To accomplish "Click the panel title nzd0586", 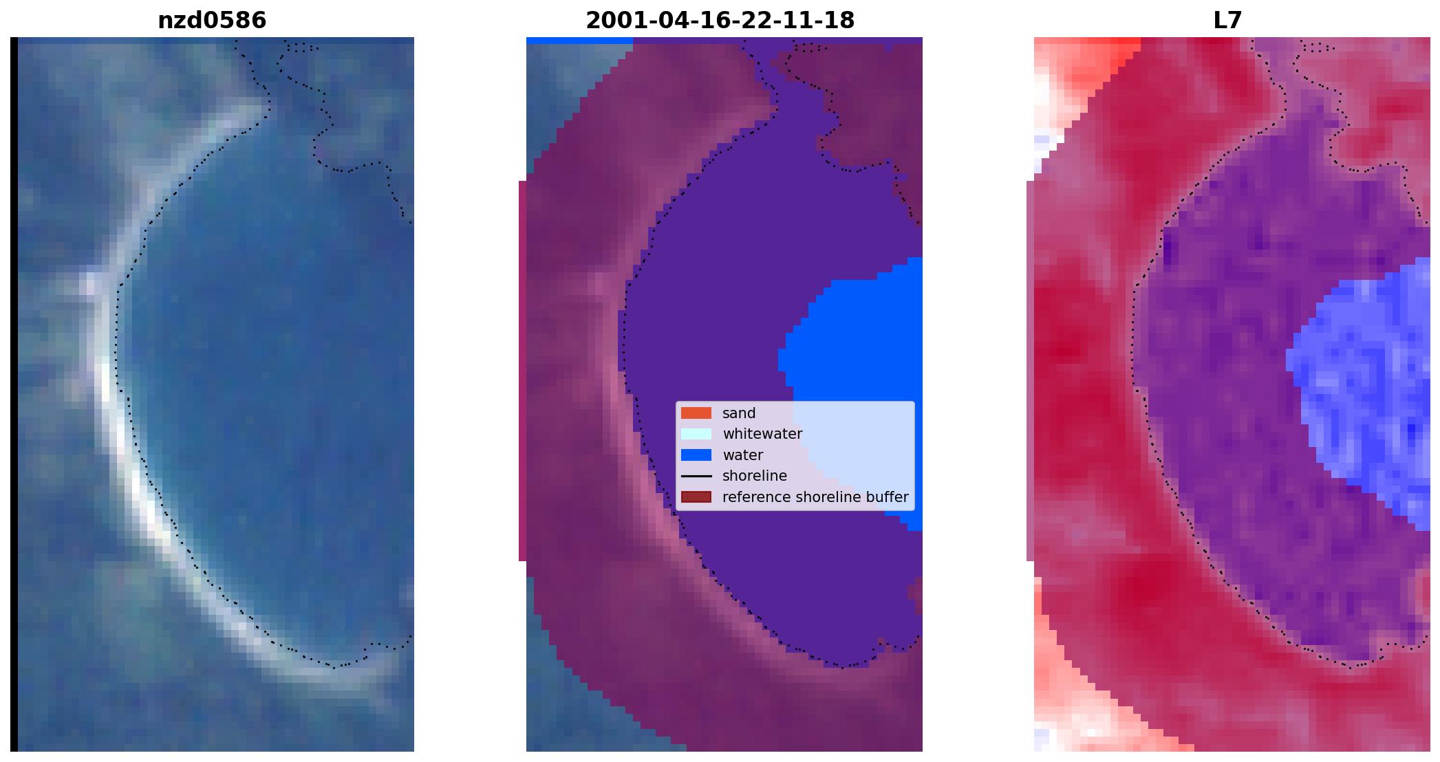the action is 212,21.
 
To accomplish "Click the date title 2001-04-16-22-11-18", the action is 720,21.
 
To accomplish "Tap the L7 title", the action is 1227,21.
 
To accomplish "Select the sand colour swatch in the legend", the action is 696,413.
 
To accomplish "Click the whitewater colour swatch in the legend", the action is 696,434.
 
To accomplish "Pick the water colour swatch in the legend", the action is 696,455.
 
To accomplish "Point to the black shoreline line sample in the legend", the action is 696,476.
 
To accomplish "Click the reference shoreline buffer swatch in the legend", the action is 696,497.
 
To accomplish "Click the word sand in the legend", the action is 739,413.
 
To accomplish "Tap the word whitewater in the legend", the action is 762,434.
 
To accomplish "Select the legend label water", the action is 742,455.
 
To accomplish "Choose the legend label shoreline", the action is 755,476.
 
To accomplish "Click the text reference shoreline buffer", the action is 815,497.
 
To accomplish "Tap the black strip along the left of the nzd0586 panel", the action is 14,394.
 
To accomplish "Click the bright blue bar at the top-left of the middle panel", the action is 579,41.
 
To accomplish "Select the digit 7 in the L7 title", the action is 1235,21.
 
